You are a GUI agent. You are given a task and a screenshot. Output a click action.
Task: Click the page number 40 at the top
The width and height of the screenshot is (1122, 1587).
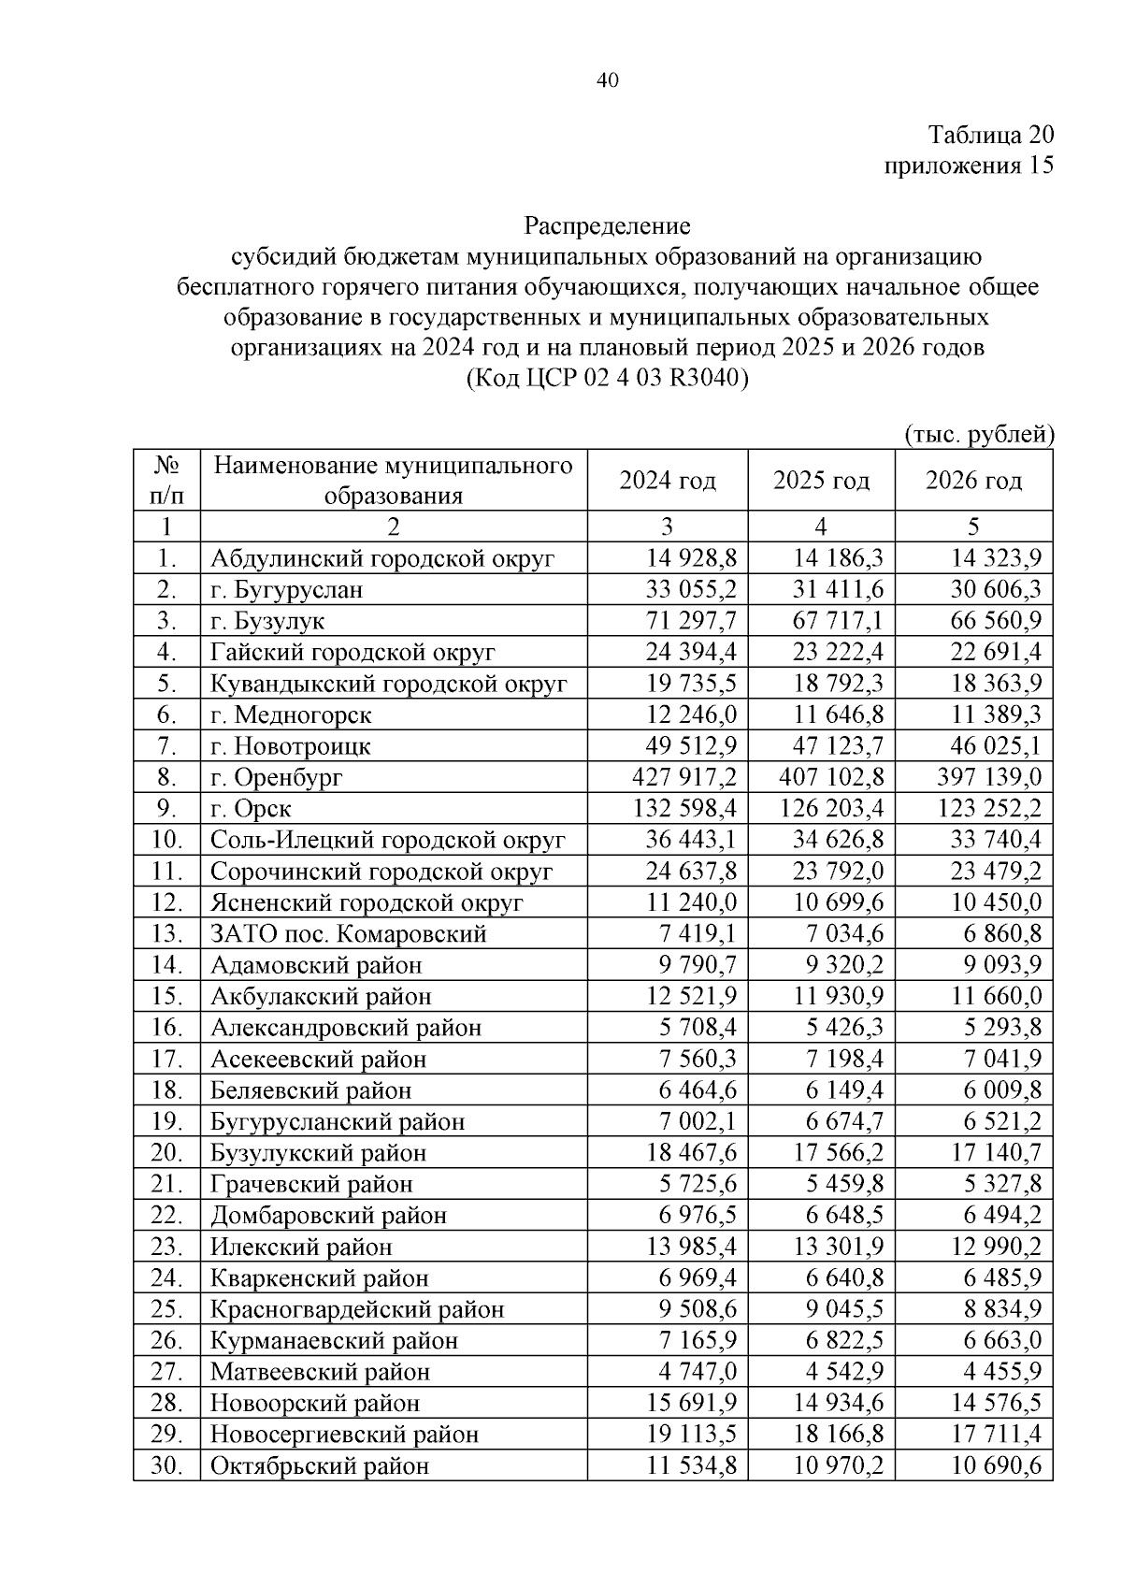point(607,81)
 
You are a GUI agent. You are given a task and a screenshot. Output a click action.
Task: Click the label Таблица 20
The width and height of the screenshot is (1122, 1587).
point(990,135)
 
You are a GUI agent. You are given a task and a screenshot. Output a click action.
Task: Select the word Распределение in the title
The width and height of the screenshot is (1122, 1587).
point(607,225)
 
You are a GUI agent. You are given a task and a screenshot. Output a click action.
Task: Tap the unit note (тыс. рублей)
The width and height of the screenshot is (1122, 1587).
point(978,434)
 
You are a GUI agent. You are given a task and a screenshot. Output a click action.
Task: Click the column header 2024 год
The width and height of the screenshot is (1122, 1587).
point(667,481)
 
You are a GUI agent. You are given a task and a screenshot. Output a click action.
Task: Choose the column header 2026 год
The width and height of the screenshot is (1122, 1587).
point(973,481)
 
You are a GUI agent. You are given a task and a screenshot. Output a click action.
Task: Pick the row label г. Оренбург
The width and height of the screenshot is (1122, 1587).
point(277,778)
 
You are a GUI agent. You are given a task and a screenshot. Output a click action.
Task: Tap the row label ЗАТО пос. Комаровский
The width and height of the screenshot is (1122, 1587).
point(348,934)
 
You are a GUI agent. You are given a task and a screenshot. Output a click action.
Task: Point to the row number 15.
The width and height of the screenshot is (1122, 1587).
point(165,997)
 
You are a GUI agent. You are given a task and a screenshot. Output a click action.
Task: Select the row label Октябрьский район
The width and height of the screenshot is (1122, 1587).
point(319,1466)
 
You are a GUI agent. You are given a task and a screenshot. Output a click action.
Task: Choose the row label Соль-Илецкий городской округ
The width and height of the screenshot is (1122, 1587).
point(387,841)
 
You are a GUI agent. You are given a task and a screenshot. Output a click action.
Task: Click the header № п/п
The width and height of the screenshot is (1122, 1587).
point(165,480)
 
